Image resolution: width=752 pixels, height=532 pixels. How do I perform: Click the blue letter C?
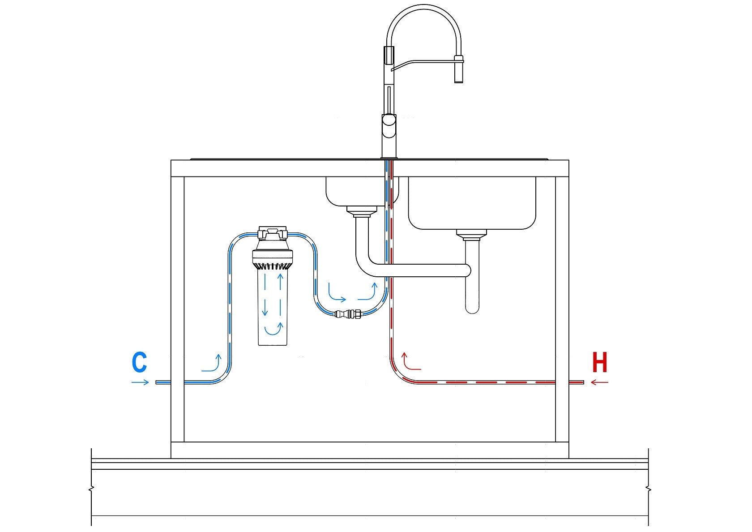coord(140,363)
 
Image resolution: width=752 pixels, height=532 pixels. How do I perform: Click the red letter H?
coord(600,363)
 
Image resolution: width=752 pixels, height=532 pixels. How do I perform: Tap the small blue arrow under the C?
coord(140,382)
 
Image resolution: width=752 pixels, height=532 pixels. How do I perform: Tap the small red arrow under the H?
coord(600,382)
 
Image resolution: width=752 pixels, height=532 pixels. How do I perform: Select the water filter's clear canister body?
coord(272,313)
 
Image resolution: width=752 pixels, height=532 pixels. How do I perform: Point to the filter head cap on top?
coord(272,234)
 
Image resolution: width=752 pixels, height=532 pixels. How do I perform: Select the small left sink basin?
coord(354,190)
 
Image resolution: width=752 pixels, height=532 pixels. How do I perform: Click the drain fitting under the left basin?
coord(362,210)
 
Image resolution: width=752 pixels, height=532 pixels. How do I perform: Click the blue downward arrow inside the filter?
coord(265,296)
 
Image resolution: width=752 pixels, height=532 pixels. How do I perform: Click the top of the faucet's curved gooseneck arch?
coord(423,6)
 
